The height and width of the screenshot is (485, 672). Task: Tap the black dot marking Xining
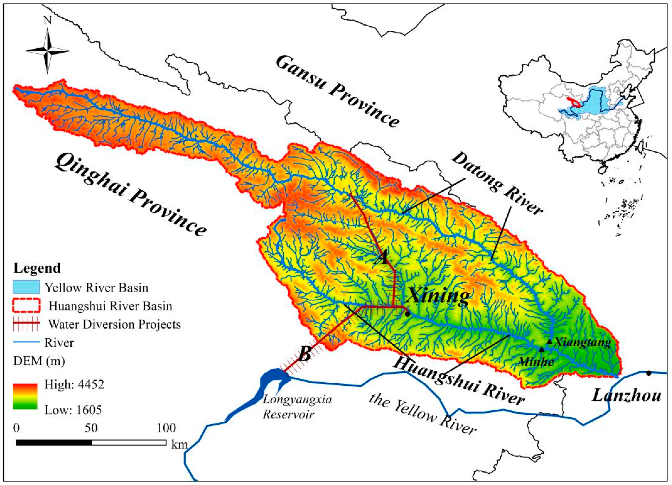pyautogui.click(x=408, y=314)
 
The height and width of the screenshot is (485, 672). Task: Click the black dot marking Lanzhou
pyautogui.click(x=649, y=373)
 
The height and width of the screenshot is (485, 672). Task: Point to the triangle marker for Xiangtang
pyautogui.click(x=549, y=342)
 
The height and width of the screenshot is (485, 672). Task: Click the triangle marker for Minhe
pyautogui.click(x=542, y=349)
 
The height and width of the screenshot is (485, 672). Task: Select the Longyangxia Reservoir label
pyautogui.click(x=297, y=406)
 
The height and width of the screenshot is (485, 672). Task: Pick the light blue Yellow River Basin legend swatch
pyautogui.click(x=26, y=287)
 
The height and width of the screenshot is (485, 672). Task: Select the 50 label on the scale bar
pyautogui.click(x=91, y=428)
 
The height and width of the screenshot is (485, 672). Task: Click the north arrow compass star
pyautogui.click(x=47, y=51)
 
